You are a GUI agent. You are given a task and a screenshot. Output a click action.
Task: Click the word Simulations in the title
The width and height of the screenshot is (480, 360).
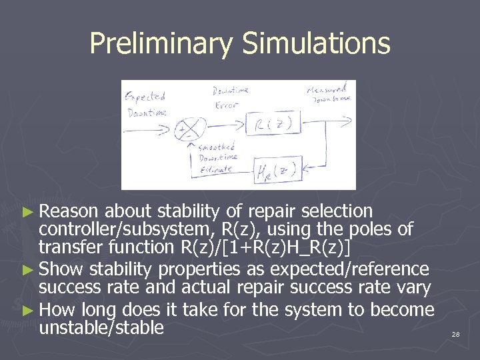point(316,44)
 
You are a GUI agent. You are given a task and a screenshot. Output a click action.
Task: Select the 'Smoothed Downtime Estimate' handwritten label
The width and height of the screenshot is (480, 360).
point(219,157)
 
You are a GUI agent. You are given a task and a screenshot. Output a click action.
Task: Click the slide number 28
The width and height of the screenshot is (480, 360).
point(455,333)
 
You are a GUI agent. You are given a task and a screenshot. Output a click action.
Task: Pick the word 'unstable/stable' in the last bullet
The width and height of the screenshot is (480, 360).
point(101,327)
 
